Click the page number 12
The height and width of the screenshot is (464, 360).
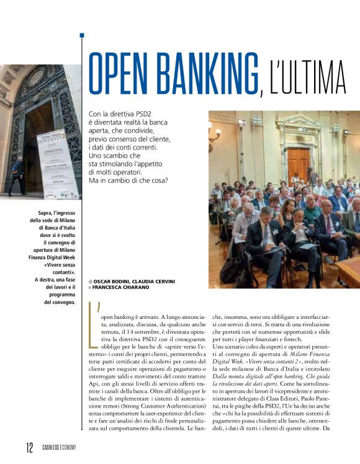(30, 448)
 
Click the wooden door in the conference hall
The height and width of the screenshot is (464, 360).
(299, 163)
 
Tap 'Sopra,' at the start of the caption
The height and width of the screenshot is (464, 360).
(48, 214)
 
